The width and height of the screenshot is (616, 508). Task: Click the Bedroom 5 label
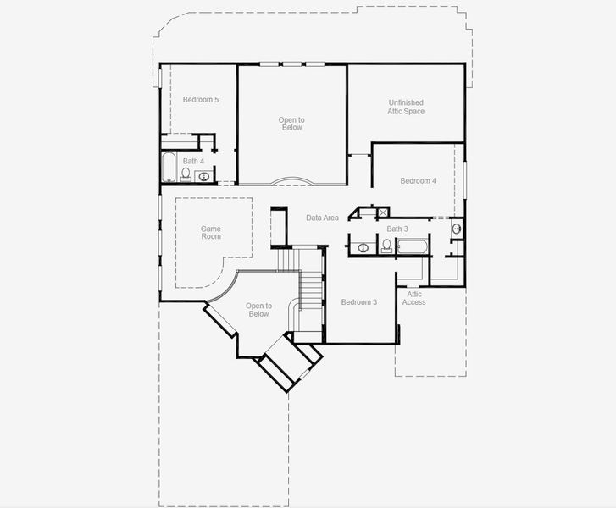[201, 100]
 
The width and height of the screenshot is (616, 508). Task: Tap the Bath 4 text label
[193, 161]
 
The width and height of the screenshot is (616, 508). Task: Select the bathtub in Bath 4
[168, 168]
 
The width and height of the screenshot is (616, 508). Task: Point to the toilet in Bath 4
[186, 175]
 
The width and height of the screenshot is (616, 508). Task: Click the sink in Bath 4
[204, 176]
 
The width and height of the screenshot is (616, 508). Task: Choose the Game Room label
[211, 232]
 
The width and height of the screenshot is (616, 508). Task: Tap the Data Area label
[323, 218]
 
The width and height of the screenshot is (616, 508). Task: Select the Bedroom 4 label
[419, 180]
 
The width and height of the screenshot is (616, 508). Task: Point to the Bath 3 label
[397, 229]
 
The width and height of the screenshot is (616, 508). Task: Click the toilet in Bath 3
[386, 246]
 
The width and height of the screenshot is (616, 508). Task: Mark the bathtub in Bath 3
[413, 247]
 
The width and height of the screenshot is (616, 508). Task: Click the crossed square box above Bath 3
[383, 213]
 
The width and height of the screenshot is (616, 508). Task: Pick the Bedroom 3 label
[359, 302]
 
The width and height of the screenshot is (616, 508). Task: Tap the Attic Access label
[414, 298]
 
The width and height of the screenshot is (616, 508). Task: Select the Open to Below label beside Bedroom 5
[291, 124]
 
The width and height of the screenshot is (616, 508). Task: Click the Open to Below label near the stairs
[258, 310]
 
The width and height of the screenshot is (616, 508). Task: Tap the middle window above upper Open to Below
[292, 63]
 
